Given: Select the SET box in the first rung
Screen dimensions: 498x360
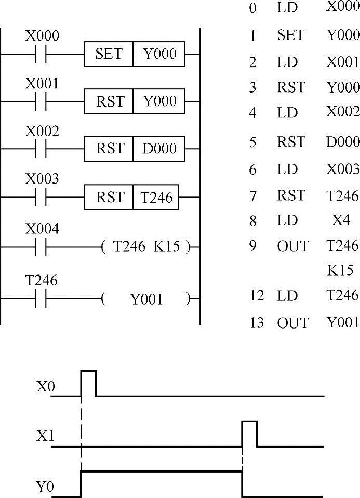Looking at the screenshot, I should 109,54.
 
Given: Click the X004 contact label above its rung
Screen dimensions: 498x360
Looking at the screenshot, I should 42,229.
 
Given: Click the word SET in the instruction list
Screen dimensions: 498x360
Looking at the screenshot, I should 290,35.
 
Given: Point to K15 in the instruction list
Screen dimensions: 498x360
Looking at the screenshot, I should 341,270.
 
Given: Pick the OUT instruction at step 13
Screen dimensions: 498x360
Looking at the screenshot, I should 292,323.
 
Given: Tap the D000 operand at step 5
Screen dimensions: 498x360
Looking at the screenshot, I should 342,142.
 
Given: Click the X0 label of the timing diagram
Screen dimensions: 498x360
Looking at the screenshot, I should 44,387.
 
